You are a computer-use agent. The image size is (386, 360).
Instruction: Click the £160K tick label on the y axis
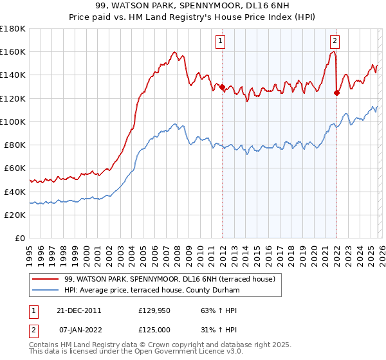point(13,51)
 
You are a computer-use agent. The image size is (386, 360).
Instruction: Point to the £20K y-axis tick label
point(15,215)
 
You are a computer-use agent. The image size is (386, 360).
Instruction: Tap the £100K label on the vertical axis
point(13,122)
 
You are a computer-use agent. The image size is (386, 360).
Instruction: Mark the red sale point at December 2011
point(222,87)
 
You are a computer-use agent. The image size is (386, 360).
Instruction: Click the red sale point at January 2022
point(336,93)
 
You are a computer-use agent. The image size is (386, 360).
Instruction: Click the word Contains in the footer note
point(44,345)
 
